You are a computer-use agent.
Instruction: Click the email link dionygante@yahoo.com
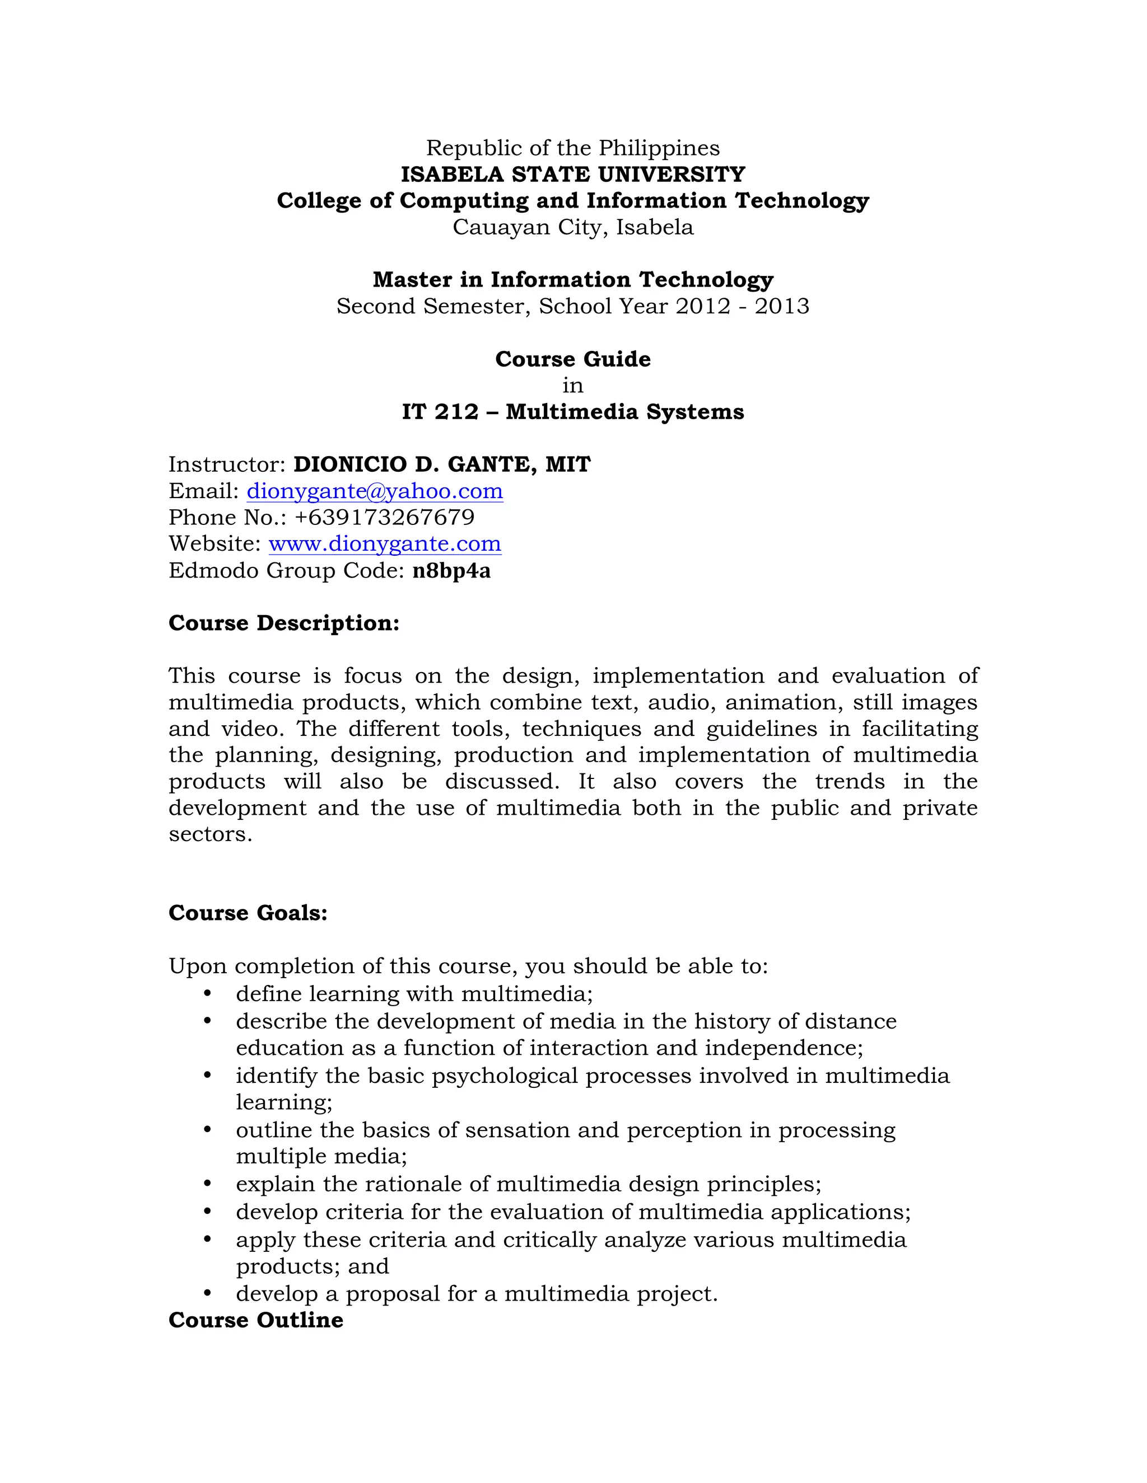[375, 491]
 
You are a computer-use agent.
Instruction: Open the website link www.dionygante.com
[385, 544]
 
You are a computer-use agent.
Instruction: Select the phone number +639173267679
[385, 518]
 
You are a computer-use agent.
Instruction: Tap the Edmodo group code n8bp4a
[451, 570]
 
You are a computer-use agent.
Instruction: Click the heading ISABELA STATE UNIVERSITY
[573, 175]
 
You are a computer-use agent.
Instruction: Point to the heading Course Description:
[284, 623]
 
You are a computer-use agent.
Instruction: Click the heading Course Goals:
[248, 913]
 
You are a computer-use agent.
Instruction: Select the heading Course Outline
[255, 1320]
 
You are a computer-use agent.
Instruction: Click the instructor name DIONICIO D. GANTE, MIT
[442, 464]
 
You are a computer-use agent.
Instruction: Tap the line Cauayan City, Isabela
[573, 227]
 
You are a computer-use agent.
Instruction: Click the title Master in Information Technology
[573, 280]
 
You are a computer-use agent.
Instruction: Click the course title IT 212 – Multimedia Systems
[573, 411]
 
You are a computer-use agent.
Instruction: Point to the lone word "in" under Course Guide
[573, 386]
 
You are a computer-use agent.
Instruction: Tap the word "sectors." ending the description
[211, 834]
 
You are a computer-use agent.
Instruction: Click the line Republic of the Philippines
[573, 148]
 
